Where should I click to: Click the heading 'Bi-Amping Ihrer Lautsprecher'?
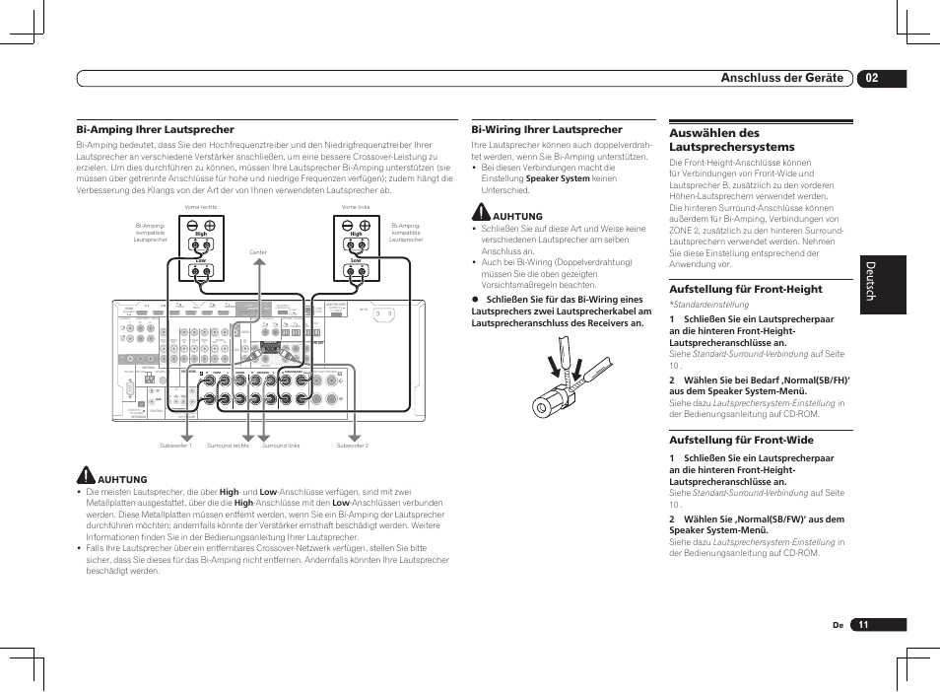click(x=156, y=129)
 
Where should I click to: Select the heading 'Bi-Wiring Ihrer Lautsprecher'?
click(x=547, y=129)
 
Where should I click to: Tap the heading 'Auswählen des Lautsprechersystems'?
click(x=731, y=140)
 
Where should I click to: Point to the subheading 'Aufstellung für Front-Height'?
click(x=746, y=289)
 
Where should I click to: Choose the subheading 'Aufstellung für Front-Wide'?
click(x=740, y=441)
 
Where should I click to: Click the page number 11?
click(x=864, y=625)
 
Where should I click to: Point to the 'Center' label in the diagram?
click(x=258, y=252)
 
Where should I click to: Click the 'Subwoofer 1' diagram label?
click(x=177, y=446)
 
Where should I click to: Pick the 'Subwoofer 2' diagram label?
click(x=352, y=446)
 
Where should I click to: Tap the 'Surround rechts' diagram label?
click(x=228, y=446)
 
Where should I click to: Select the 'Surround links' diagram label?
click(x=281, y=446)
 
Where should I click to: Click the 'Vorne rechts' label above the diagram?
click(x=200, y=207)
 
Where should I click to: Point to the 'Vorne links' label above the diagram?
click(x=356, y=207)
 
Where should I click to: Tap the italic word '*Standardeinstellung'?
click(x=703, y=306)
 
